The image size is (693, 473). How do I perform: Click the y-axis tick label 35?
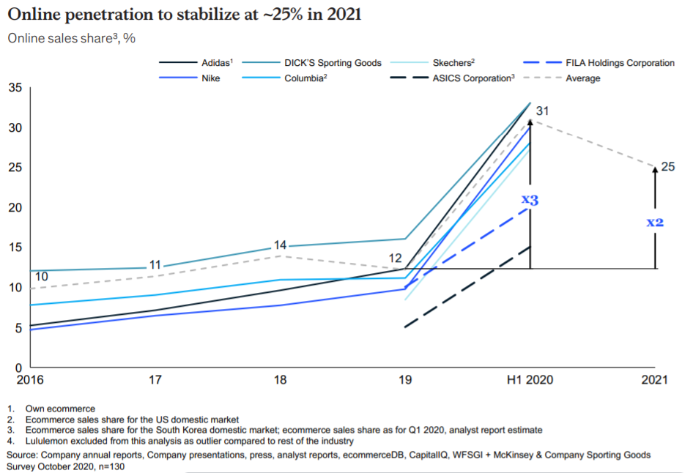pyautogui.click(x=15, y=88)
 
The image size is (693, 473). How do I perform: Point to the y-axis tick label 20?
pyautogui.click(x=15, y=207)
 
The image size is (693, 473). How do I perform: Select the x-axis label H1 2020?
pyautogui.click(x=530, y=380)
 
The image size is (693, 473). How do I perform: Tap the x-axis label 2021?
pyautogui.click(x=655, y=380)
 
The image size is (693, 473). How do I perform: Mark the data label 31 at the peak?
pyautogui.click(x=542, y=111)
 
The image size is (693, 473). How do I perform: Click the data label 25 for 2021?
pyautogui.click(x=667, y=167)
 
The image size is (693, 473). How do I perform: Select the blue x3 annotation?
pyautogui.click(x=530, y=199)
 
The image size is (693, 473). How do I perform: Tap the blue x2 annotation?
pyautogui.click(x=655, y=221)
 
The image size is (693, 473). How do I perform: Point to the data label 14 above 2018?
pyautogui.click(x=280, y=245)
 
